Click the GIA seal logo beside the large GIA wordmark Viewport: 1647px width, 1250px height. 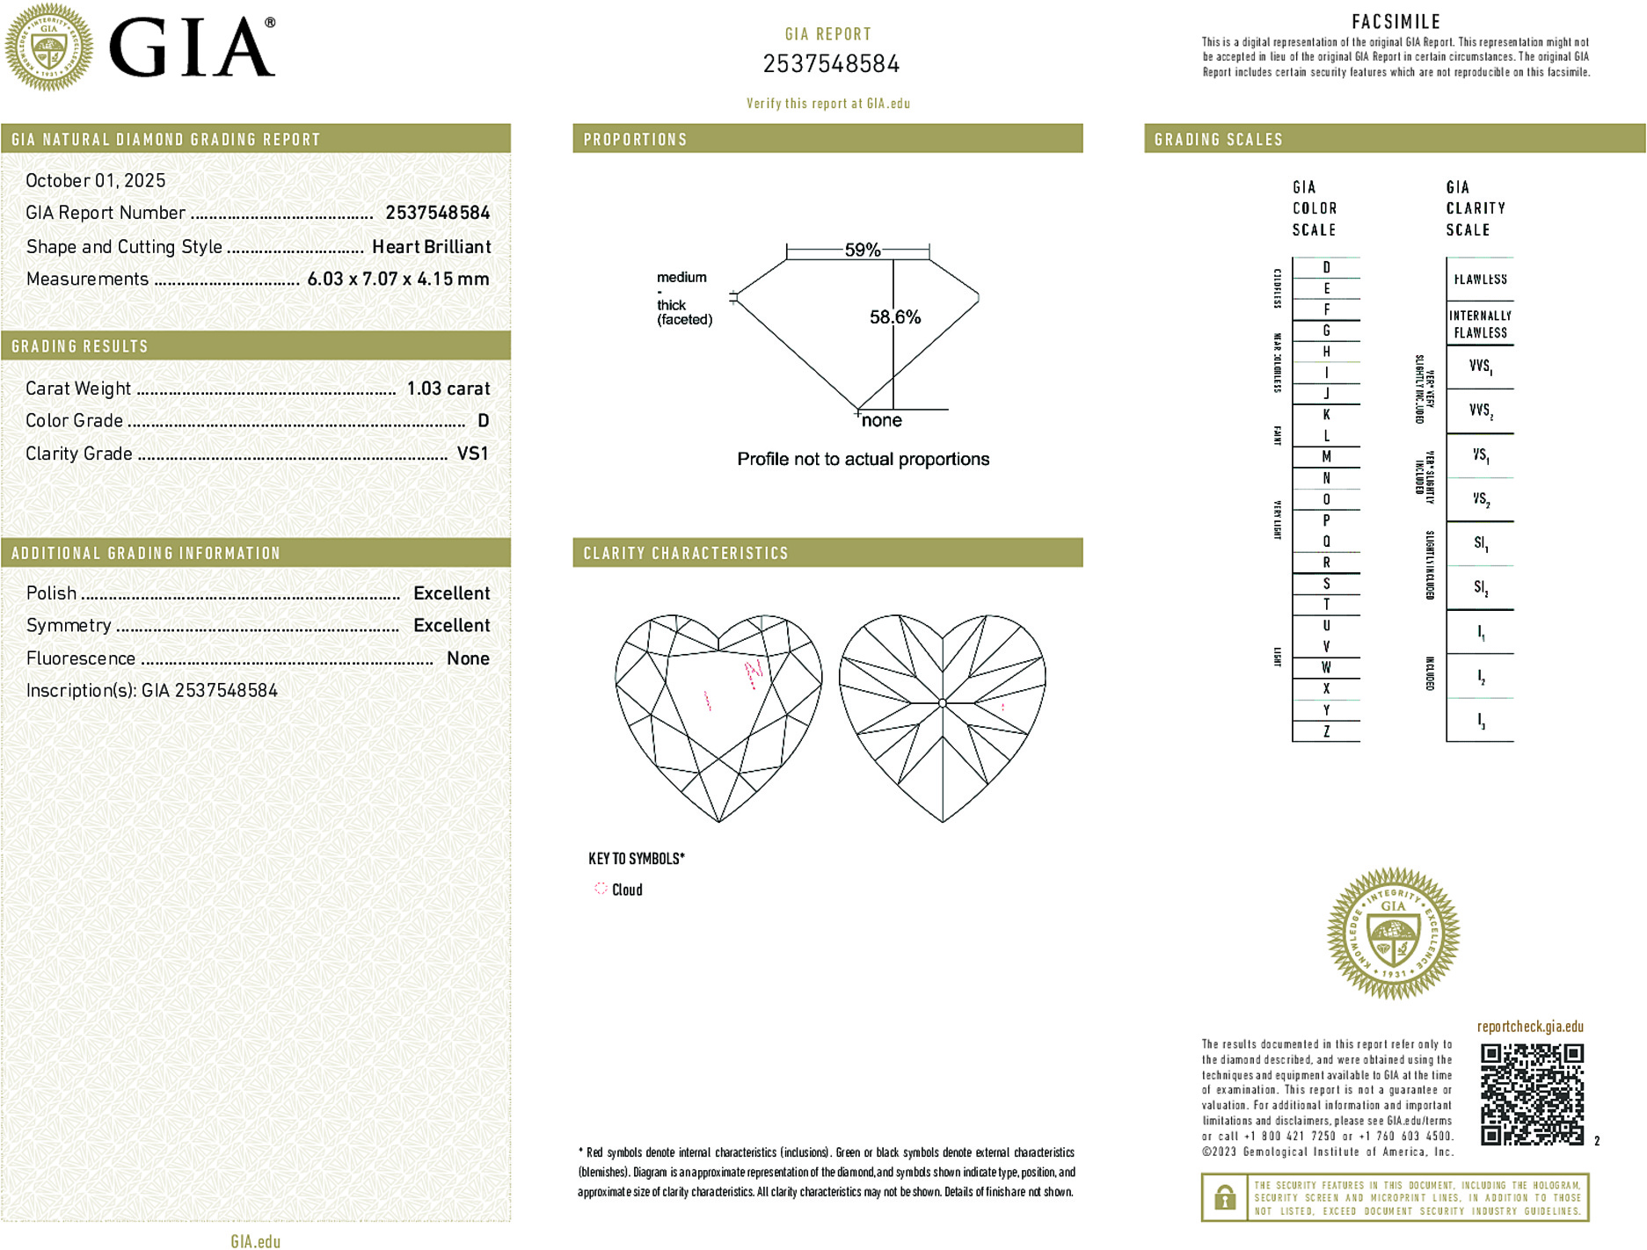point(48,47)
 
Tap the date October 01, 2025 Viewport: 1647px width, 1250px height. point(95,180)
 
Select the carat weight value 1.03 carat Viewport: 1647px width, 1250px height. point(448,389)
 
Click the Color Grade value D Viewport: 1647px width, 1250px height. point(483,421)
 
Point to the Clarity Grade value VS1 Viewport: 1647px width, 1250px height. point(472,454)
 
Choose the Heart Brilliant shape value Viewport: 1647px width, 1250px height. point(431,247)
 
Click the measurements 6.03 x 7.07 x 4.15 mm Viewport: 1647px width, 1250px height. point(397,279)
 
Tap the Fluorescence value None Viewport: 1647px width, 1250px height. point(468,658)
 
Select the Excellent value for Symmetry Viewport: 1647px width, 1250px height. point(451,626)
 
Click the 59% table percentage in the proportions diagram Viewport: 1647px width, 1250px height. point(862,250)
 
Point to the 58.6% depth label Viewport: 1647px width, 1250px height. point(894,317)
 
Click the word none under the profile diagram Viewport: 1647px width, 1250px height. point(881,421)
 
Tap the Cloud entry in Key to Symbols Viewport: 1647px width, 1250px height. point(626,890)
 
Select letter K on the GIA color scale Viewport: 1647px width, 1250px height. point(1326,415)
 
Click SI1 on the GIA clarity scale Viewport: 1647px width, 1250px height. point(1481,543)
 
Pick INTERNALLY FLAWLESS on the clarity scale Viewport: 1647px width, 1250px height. point(1480,324)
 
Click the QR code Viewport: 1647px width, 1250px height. point(1532,1094)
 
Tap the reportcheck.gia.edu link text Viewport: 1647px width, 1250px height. point(1529,1027)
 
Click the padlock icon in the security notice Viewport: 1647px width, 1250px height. point(1224,1197)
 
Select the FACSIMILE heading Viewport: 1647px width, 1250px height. point(1396,22)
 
